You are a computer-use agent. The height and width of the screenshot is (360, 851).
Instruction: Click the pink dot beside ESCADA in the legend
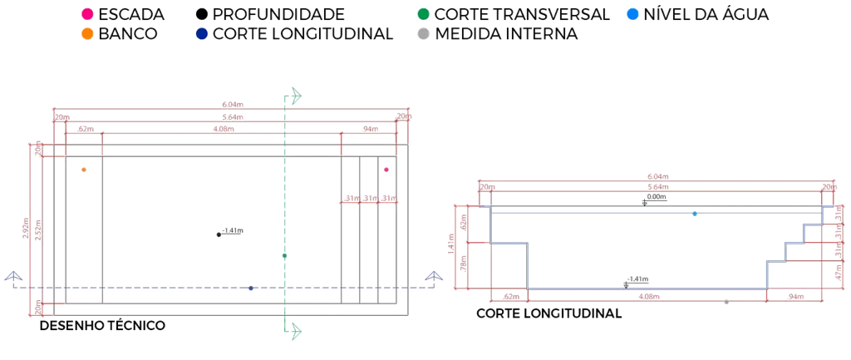coord(87,14)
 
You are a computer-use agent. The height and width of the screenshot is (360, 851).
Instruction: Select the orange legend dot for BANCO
coord(87,34)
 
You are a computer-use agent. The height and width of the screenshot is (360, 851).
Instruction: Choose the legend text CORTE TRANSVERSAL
coord(522,14)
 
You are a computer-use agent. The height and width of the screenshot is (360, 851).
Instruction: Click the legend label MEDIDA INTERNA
coord(506,34)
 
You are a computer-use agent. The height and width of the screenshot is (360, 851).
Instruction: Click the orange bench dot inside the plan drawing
coord(84,170)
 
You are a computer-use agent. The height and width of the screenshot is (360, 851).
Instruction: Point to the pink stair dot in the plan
coord(386,170)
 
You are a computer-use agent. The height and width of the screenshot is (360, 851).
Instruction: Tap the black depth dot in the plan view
coord(219,234)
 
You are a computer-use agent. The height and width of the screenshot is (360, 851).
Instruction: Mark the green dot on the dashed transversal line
coord(284,256)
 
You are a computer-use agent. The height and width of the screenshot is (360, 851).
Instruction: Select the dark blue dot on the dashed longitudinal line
coord(251,288)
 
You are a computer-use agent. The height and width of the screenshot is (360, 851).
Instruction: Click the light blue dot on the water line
coord(695,214)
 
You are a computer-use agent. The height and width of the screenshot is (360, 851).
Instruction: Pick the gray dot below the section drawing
coord(726,302)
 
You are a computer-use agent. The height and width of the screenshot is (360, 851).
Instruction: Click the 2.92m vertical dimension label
coord(27,229)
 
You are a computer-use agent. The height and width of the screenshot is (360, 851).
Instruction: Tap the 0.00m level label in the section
coord(657,197)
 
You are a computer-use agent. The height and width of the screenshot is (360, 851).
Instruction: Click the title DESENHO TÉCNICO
coord(102,326)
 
